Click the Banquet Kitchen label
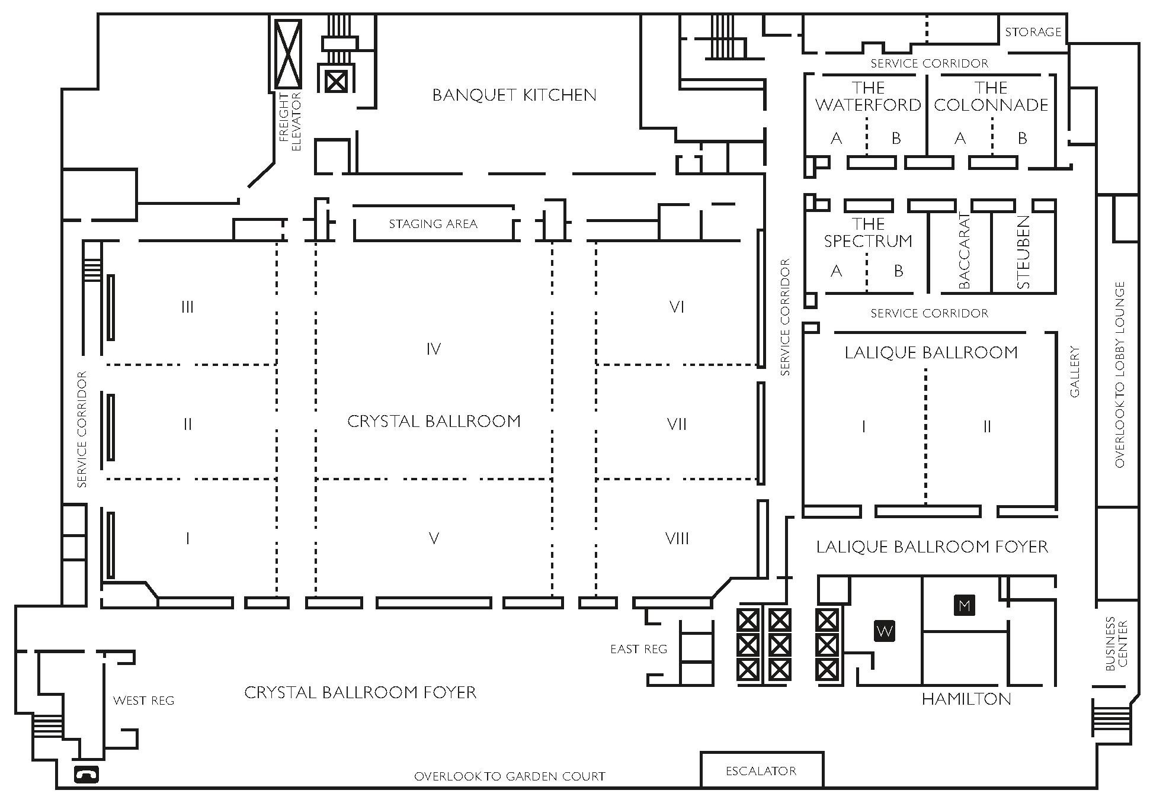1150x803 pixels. point(514,95)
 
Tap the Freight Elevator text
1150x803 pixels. point(290,121)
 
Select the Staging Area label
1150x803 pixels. point(433,224)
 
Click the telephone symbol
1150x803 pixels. point(87,775)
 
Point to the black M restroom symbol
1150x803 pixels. point(965,605)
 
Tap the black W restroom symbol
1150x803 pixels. point(885,631)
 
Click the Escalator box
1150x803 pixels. point(761,770)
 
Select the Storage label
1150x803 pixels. point(1033,32)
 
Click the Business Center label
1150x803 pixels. point(1116,644)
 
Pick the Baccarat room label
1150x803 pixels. point(964,251)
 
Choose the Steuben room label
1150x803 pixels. point(1023,252)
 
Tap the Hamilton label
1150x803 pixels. point(966,699)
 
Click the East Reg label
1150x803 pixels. point(639,650)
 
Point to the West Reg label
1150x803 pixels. point(144,701)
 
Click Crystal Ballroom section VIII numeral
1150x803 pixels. point(677,538)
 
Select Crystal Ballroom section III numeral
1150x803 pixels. point(187,307)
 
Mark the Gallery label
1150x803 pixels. point(1075,371)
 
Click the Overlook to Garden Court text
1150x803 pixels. point(510,776)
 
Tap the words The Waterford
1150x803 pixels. point(868,97)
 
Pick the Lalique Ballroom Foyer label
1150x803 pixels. point(932,547)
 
